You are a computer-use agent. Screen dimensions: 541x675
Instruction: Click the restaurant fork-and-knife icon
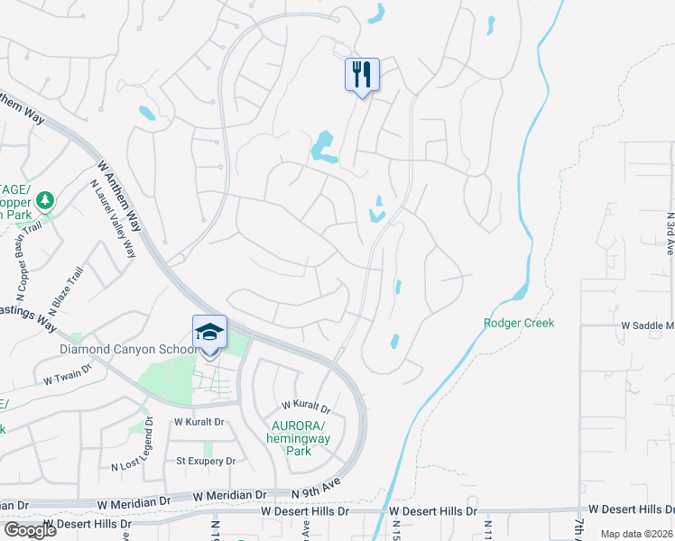[362, 75]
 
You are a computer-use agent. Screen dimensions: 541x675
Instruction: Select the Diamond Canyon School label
[128, 350]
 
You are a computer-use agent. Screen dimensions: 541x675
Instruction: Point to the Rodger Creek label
[519, 323]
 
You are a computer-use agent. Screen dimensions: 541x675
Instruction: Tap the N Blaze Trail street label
[67, 287]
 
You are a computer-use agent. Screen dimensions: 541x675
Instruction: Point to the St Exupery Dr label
[205, 461]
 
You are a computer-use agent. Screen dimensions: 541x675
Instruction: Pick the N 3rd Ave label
[670, 234]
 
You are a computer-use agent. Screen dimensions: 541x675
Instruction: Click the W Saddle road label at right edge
[647, 325]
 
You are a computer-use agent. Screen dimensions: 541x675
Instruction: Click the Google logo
[30, 530]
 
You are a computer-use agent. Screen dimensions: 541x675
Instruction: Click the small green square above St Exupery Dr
[208, 448]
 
